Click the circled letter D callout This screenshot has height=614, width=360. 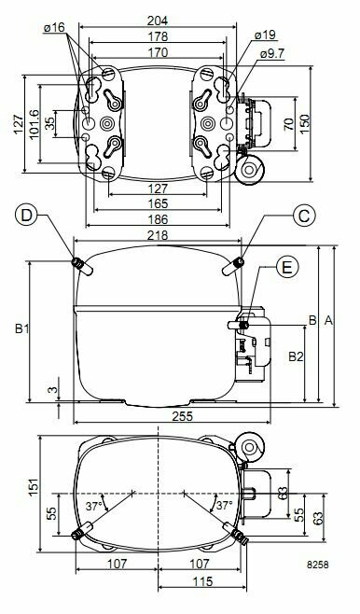point(26,216)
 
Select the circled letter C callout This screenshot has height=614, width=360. point(304,216)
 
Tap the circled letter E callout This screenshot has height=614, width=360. point(287,267)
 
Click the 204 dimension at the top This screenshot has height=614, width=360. point(158,21)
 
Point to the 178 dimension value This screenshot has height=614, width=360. point(158,36)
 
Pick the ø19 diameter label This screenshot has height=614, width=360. point(265,35)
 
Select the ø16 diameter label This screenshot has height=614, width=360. point(54,27)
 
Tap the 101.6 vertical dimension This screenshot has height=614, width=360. point(35,124)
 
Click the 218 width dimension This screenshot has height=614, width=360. point(158,235)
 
